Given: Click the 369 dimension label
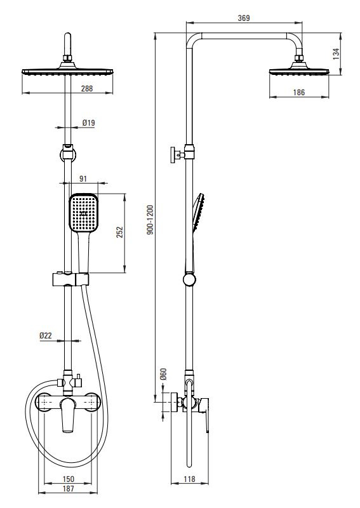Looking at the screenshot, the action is (244, 18).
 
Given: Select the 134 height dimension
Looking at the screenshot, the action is (337, 53).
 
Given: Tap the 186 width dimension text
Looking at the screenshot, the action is (299, 92).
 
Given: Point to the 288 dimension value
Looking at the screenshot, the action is (87, 88).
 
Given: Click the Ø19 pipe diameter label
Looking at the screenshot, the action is (88, 123).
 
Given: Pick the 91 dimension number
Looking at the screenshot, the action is (83, 179).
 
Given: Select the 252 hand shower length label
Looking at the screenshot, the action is (120, 232).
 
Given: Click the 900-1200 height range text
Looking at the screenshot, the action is (150, 220).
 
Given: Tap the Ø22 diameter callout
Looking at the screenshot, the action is (46, 336).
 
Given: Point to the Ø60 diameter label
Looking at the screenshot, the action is (163, 374).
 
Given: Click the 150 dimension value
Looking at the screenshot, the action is (68, 479).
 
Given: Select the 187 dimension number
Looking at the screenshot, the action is (68, 488).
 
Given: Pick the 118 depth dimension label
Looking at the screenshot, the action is (190, 479).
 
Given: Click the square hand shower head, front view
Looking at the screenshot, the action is (84, 213).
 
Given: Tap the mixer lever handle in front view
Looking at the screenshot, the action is (68, 415).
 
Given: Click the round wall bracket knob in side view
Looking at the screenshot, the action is (189, 279).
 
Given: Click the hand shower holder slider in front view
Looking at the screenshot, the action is (70, 279).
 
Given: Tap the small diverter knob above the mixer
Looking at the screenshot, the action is (78, 382).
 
